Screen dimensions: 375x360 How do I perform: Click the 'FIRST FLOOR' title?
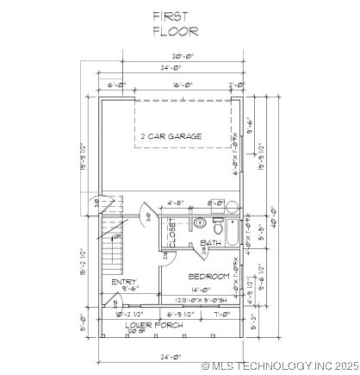coord(176,23)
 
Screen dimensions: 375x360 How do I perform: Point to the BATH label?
coord(210,244)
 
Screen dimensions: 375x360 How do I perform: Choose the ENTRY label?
coord(124,282)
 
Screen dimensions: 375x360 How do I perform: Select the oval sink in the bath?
coord(200,223)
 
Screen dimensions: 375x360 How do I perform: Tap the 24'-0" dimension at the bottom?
coord(174,356)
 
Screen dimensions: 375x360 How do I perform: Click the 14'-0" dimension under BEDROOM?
coord(200,290)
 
